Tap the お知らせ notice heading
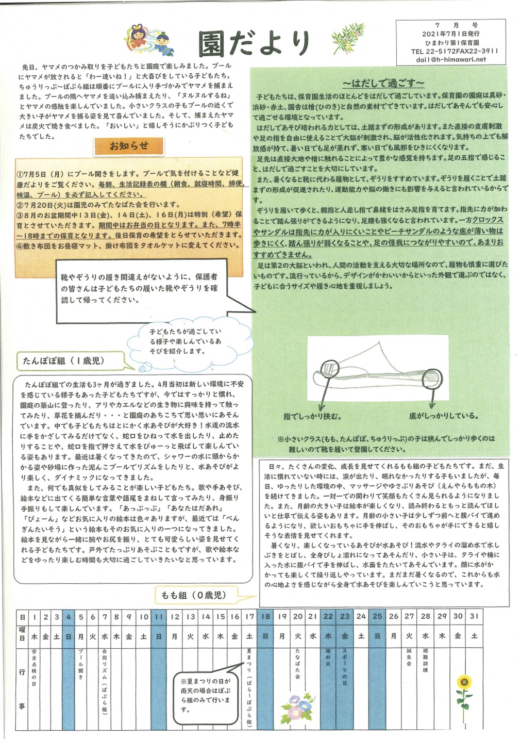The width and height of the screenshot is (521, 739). (x=129, y=146)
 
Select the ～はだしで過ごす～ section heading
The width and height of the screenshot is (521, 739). (x=383, y=84)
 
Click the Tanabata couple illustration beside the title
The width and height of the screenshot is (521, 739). (x=150, y=41)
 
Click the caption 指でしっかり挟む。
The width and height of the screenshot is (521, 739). (x=312, y=416)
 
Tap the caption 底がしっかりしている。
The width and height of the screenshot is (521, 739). (x=444, y=416)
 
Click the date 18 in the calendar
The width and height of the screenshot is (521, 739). (x=265, y=616)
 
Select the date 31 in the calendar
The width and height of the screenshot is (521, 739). (x=474, y=616)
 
